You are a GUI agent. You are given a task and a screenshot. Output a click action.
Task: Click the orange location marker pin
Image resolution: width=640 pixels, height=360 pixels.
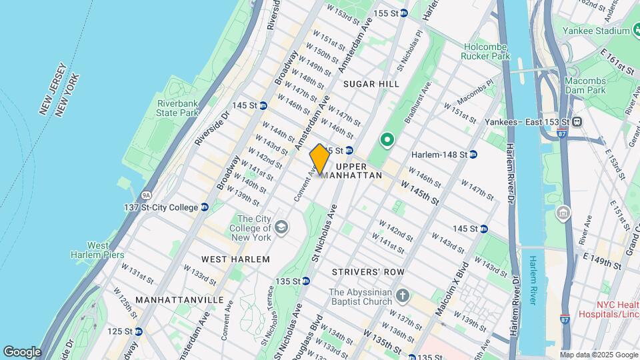tap(319, 159)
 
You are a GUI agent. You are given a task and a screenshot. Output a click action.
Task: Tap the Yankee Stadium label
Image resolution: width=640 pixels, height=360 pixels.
tap(595, 31)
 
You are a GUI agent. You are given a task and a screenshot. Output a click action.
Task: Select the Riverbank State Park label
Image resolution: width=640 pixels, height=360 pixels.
tap(178, 108)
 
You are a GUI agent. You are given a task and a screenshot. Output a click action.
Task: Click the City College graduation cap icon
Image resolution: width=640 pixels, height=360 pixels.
tap(281, 227)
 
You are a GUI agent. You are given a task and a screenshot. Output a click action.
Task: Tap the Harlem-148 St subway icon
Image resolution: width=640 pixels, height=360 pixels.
tap(473, 155)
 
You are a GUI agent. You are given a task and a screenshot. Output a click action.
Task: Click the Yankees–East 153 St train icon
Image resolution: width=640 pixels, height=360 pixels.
tap(577, 121)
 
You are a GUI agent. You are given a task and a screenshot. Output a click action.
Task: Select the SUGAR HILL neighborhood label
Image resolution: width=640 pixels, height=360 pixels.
tap(371, 84)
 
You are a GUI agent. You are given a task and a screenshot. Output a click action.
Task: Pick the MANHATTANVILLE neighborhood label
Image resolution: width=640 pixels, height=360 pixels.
tap(179, 300)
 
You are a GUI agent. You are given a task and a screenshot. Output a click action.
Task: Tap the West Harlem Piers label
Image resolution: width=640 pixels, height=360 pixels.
tap(90, 250)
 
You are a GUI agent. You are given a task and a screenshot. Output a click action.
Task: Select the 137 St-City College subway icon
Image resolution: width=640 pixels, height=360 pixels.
tap(205, 207)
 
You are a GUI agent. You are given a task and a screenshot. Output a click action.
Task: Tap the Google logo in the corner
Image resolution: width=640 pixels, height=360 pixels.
tap(22, 351)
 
